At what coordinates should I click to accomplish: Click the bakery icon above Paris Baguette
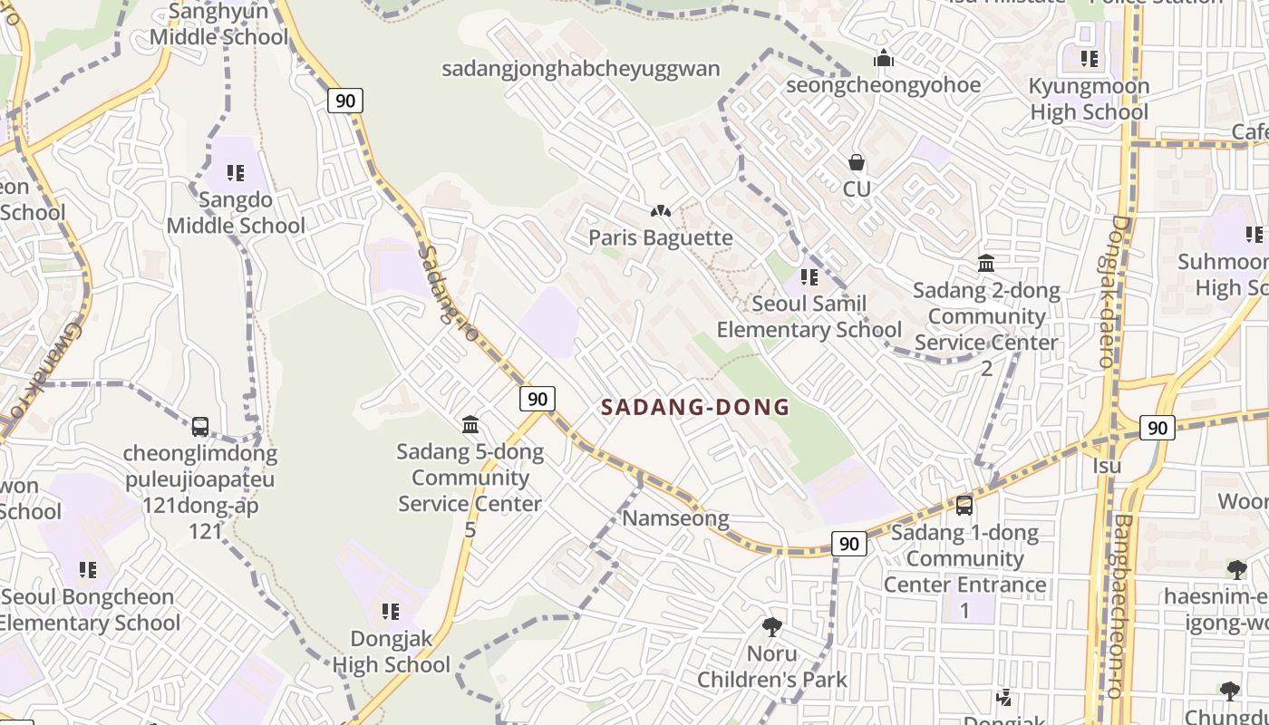tap(660, 211)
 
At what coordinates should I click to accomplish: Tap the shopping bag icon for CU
tap(857, 163)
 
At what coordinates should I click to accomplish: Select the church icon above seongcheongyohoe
tap(884, 59)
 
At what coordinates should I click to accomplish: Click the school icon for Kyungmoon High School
tap(1089, 59)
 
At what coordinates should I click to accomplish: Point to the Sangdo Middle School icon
tap(236, 172)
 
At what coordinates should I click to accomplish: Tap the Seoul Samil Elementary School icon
tap(809, 276)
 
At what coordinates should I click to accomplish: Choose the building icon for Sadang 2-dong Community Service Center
tap(986, 264)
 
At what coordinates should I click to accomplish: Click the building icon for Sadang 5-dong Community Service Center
tap(470, 424)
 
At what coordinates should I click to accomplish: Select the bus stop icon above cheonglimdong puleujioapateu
tap(200, 426)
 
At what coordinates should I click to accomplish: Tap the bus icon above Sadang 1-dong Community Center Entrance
tap(964, 506)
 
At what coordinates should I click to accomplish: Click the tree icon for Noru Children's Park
tap(772, 626)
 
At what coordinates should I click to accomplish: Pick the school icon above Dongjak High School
tap(391, 612)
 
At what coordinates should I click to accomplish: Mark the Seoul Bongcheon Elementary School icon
tap(87, 570)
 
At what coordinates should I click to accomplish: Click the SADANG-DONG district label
tap(695, 408)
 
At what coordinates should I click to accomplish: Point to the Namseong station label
tap(675, 518)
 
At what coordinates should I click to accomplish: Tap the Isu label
tap(1107, 466)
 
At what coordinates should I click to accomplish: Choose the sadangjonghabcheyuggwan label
tap(581, 69)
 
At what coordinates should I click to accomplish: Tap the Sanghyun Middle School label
tap(218, 24)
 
